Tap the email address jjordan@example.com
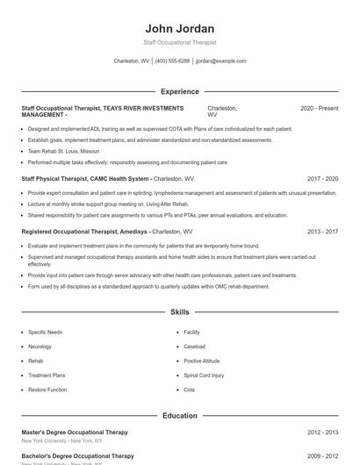coord(220,61)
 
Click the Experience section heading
coord(179,91)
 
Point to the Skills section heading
coord(179,311)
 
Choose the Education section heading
coord(179,415)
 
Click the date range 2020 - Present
coord(319,108)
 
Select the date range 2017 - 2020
coord(322,178)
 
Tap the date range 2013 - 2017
coord(322,232)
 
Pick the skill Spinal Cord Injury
coord(204,375)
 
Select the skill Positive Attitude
coord(202,361)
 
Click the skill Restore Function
coord(47,389)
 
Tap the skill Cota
coord(190,389)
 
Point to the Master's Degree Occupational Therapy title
coord(75,433)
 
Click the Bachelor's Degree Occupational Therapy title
coord(77,456)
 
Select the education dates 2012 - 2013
coord(322,433)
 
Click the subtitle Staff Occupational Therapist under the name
coord(179,42)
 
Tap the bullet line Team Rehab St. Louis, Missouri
coord(63,151)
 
